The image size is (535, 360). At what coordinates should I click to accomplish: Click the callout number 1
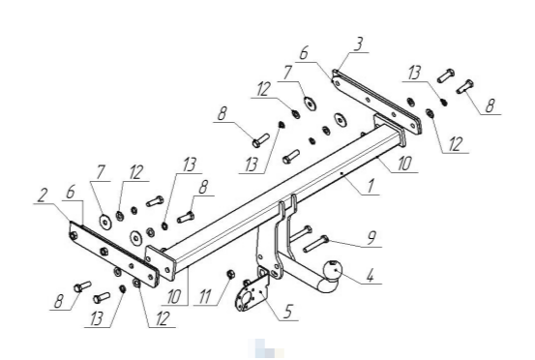[x=371, y=187]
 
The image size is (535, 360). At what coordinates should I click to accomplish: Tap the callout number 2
[x=43, y=195]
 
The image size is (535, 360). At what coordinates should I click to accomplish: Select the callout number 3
[x=358, y=44]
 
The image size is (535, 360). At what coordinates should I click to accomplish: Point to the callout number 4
[x=371, y=276]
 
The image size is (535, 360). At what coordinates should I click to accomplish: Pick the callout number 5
[x=287, y=312]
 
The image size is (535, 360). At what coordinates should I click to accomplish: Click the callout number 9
[x=372, y=237]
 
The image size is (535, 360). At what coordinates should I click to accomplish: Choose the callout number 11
[x=204, y=297]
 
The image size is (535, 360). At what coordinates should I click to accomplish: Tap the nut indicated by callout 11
[x=230, y=274]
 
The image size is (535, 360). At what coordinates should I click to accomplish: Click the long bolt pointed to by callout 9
[x=315, y=244]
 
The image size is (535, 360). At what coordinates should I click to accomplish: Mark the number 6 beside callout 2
[x=71, y=193]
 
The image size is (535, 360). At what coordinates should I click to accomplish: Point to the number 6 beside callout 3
[x=303, y=53]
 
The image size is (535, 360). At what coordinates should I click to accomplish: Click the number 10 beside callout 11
[x=174, y=297]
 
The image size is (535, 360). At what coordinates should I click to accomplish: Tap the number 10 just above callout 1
[x=404, y=164]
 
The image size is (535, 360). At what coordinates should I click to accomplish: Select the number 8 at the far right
[x=490, y=105]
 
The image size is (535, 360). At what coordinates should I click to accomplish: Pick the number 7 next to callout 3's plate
[x=287, y=73]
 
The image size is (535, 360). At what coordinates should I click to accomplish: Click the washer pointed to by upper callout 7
[x=310, y=103]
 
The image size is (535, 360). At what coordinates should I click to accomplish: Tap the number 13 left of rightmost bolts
[x=414, y=74]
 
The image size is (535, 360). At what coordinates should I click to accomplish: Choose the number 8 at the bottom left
[x=59, y=302]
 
